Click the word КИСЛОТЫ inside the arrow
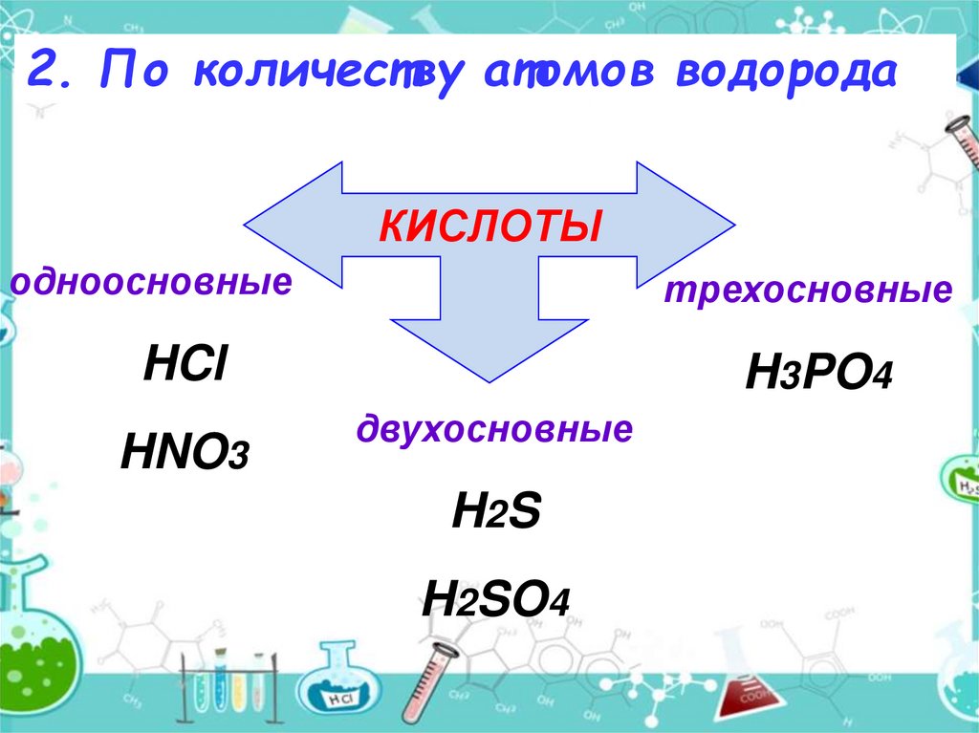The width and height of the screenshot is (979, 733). (489, 227)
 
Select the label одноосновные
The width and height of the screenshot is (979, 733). (151, 283)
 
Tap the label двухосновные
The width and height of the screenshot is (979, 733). (494, 429)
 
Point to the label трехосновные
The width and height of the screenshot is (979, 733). (808, 291)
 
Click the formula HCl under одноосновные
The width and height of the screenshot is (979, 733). (185, 366)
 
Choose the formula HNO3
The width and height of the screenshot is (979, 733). (185, 451)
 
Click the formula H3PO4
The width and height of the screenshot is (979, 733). (818, 374)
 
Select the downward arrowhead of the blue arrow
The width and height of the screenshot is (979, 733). (489, 354)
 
